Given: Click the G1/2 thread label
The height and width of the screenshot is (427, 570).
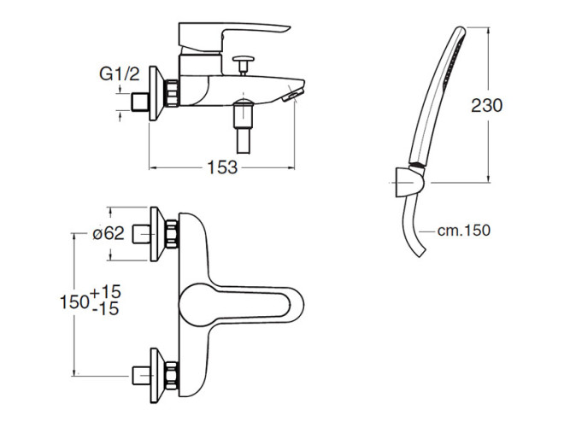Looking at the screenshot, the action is (x=120, y=74).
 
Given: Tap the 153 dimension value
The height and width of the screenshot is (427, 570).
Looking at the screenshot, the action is (x=222, y=167).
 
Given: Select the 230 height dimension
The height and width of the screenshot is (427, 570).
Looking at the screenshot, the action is (x=486, y=105).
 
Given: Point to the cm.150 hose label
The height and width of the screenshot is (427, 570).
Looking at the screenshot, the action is (x=464, y=231).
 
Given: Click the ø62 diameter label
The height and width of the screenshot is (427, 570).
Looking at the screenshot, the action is (x=109, y=233).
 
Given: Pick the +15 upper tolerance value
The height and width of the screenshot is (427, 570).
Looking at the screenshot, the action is (x=106, y=292).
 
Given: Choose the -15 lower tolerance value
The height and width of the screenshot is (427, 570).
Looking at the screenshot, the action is (x=106, y=309).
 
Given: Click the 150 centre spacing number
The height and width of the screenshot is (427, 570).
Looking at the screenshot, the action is (x=75, y=301).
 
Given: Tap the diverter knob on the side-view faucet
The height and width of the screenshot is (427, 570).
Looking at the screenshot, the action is (x=244, y=65).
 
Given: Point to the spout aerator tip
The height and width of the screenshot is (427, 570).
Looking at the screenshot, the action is (x=292, y=95).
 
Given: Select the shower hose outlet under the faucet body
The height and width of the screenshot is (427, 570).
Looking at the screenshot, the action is (x=244, y=126).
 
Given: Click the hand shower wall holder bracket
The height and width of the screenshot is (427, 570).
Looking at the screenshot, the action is (x=409, y=182).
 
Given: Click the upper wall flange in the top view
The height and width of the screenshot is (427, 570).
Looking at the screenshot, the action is (x=155, y=234).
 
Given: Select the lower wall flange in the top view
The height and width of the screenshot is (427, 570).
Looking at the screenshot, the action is (x=155, y=376).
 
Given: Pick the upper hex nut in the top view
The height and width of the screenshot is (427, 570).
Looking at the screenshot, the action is (x=172, y=234).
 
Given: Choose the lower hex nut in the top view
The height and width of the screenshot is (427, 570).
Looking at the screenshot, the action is (x=172, y=376).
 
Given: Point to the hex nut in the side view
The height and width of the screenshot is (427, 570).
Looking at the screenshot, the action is (x=172, y=93).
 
